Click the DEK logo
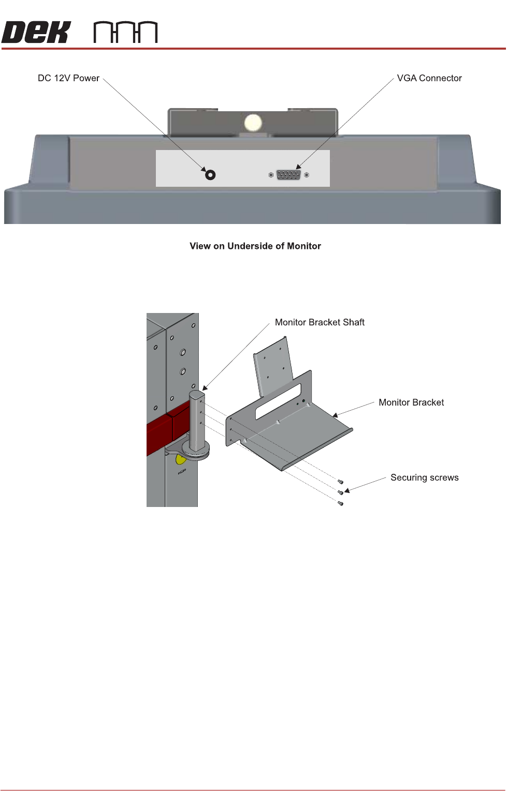pos(36,32)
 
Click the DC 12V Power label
pos(68,78)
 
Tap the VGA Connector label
pos(429,78)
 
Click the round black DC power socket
pos(210,175)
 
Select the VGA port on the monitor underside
pos(288,175)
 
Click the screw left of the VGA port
pos(271,175)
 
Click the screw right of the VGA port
pos(307,175)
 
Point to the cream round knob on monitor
pos(253,123)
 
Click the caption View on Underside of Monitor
pos(255,246)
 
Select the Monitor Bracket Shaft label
pos(320,322)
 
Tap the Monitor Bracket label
pos(411,402)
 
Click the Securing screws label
pos(424,477)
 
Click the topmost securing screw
pos(340,482)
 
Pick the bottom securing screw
pos(340,503)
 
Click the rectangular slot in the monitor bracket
pos(278,401)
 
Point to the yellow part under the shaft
pos(180,459)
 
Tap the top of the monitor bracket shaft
pos(197,395)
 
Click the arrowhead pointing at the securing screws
pos(347,490)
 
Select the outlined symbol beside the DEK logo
pos(125,32)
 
